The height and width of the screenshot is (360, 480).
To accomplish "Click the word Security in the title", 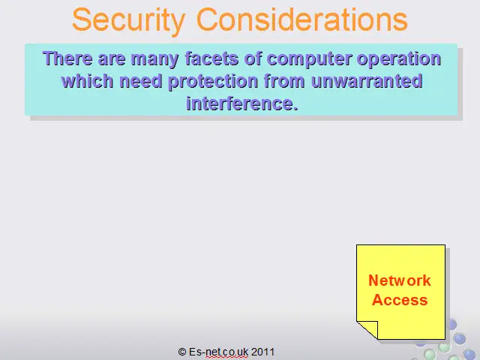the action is coord(129,20).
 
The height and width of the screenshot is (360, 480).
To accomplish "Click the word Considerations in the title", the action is coord(301,19).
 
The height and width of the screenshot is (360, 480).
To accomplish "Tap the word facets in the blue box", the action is coord(211,58).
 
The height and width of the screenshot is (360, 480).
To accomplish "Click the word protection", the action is coord(213,82).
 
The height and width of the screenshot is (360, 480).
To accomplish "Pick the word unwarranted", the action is coord(367,81).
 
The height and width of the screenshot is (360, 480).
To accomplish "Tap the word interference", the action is coord(241,103).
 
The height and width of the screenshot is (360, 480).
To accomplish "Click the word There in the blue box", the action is coord(67,58).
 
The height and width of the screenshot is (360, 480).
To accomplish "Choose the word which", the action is coord(87,81).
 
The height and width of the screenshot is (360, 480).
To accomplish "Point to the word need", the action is coord(140,81).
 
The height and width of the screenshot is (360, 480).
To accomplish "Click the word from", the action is coord(284,81).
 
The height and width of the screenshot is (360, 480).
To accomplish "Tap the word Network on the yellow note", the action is coord(400,280).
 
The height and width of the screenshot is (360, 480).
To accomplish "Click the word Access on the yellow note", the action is coord(400,300).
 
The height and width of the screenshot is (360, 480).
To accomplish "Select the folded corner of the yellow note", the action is coord(367,330).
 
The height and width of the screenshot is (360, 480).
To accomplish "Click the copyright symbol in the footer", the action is coord(182,352).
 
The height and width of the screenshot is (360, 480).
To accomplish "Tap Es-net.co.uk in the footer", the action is coord(218,352).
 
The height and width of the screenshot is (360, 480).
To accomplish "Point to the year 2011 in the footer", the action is coord(263,352).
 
